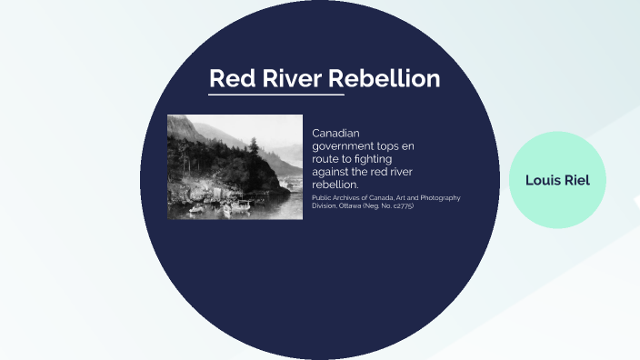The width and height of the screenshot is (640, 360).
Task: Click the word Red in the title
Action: pyautogui.click(x=227, y=79)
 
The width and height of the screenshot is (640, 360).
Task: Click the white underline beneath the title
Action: pyautogui.click(x=276, y=94)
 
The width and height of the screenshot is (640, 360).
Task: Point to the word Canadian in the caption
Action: pyautogui.click(x=336, y=133)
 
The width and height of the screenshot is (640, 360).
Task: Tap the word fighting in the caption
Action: pyautogui.click(x=385, y=158)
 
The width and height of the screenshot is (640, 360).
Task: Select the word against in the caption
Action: pyautogui.click(x=333, y=171)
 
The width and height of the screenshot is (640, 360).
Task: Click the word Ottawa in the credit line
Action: pyautogui.click(x=352, y=205)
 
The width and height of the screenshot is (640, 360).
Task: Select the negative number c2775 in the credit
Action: pyautogui.click(x=400, y=205)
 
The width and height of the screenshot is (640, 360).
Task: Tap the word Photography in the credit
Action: pyautogui.click(x=438, y=198)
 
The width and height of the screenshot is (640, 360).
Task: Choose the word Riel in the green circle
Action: pyautogui.click(x=576, y=180)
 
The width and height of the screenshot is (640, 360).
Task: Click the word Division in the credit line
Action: pyautogui.click(x=325, y=205)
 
